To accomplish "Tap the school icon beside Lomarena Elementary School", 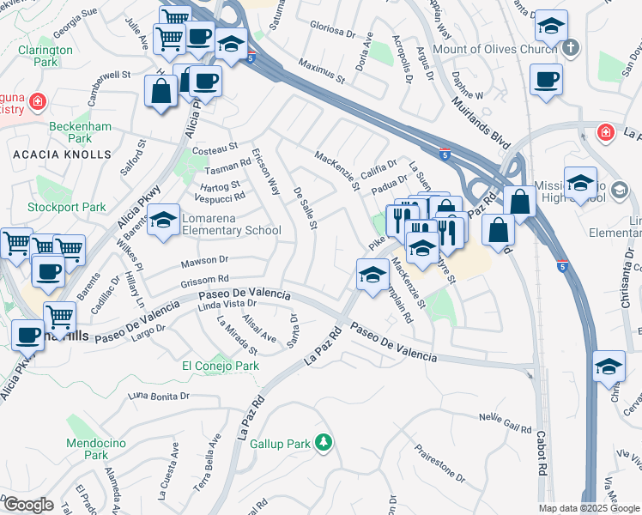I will (x=163, y=221).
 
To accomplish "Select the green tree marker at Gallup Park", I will (x=323, y=443).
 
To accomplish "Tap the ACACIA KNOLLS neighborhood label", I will (x=62, y=154).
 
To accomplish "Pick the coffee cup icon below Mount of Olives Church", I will (x=546, y=81).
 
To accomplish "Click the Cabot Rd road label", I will (x=542, y=452).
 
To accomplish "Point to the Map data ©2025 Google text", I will (x=589, y=508).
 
